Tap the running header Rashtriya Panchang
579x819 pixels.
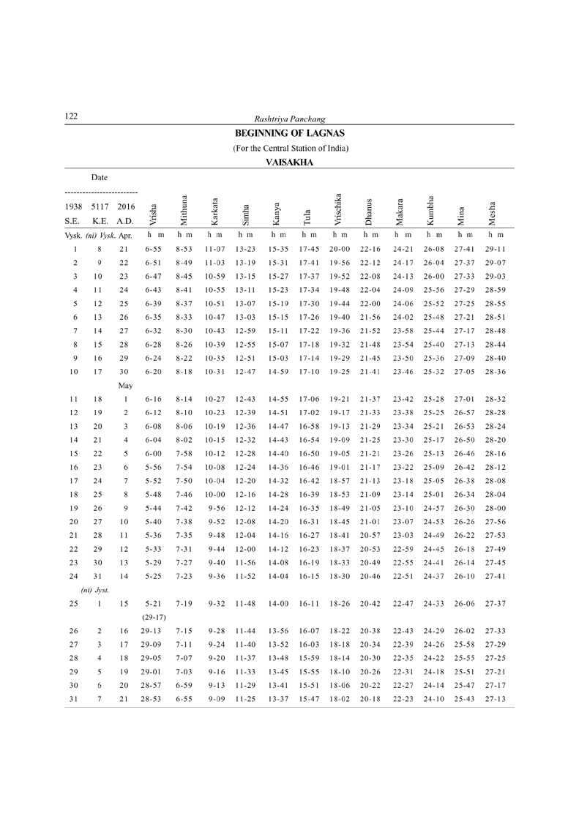[x=289, y=119]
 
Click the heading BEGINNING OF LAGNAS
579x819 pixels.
[x=290, y=134]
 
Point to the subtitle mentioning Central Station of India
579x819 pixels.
[x=290, y=149]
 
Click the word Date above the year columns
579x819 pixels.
[x=100, y=177]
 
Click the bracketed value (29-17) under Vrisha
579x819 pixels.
[x=152, y=616]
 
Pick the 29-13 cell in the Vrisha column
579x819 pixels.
[x=152, y=630]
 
